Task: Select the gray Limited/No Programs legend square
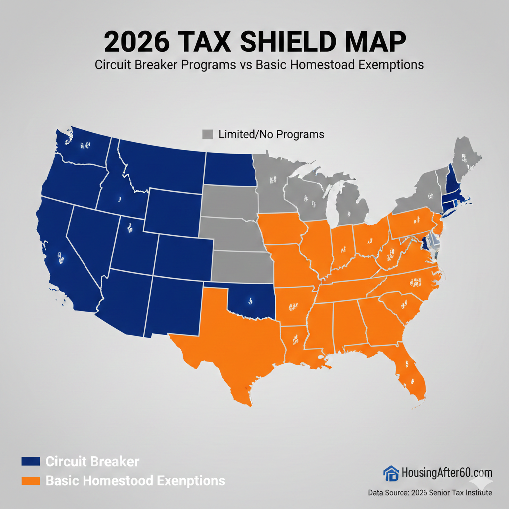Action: pyautogui.click(x=208, y=134)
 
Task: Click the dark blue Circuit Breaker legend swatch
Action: pyautogui.click(x=30, y=461)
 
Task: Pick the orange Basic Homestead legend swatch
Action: pyautogui.click(x=30, y=481)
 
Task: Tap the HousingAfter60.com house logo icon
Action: pyautogui.click(x=391, y=473)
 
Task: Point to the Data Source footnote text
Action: pyautogui.click(x=430, y=493)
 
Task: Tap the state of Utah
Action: pyautogui.click(x=130, y=244)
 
